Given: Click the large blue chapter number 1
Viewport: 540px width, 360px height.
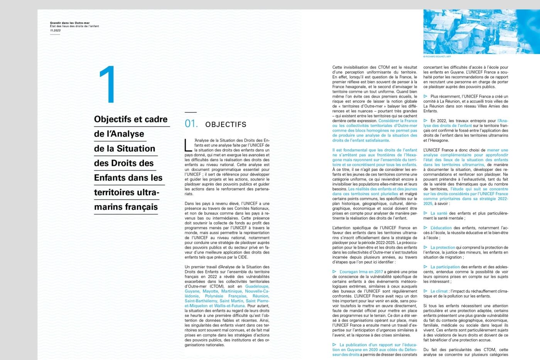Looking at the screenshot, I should click(108, 85).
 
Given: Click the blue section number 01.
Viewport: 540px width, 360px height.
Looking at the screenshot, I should click(191, 124).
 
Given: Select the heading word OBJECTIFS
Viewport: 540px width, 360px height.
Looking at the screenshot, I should click(226, 125).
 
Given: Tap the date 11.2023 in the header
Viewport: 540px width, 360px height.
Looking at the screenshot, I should click(55, 30).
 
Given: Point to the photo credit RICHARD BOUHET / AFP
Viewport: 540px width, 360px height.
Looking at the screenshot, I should click(437, 57).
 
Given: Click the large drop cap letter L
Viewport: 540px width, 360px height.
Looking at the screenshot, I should click(188, 145).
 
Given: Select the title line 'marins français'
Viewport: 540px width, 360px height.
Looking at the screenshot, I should click(126, 207).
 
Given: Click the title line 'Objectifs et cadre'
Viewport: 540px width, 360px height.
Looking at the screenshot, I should click(131, 120).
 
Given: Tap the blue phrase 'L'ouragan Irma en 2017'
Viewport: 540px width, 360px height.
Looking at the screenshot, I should click(361, 272).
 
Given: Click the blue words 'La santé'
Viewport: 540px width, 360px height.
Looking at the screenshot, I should click(439, 213).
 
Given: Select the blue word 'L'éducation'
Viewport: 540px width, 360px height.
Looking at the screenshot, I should click(441, 228).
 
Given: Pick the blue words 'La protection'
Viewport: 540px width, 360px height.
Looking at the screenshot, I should click(442, 248).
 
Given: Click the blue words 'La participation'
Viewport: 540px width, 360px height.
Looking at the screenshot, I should click(445, 267).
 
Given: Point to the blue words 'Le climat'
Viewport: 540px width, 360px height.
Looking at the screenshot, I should click(439, 291).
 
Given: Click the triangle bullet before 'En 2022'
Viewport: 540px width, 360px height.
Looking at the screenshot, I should click(425, 121).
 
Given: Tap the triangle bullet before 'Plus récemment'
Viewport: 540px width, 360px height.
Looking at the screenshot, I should click(425, 96).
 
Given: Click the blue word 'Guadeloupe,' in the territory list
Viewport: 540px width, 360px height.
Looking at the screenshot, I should click(257, 286).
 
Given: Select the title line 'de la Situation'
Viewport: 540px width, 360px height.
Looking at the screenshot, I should click(125, 149).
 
